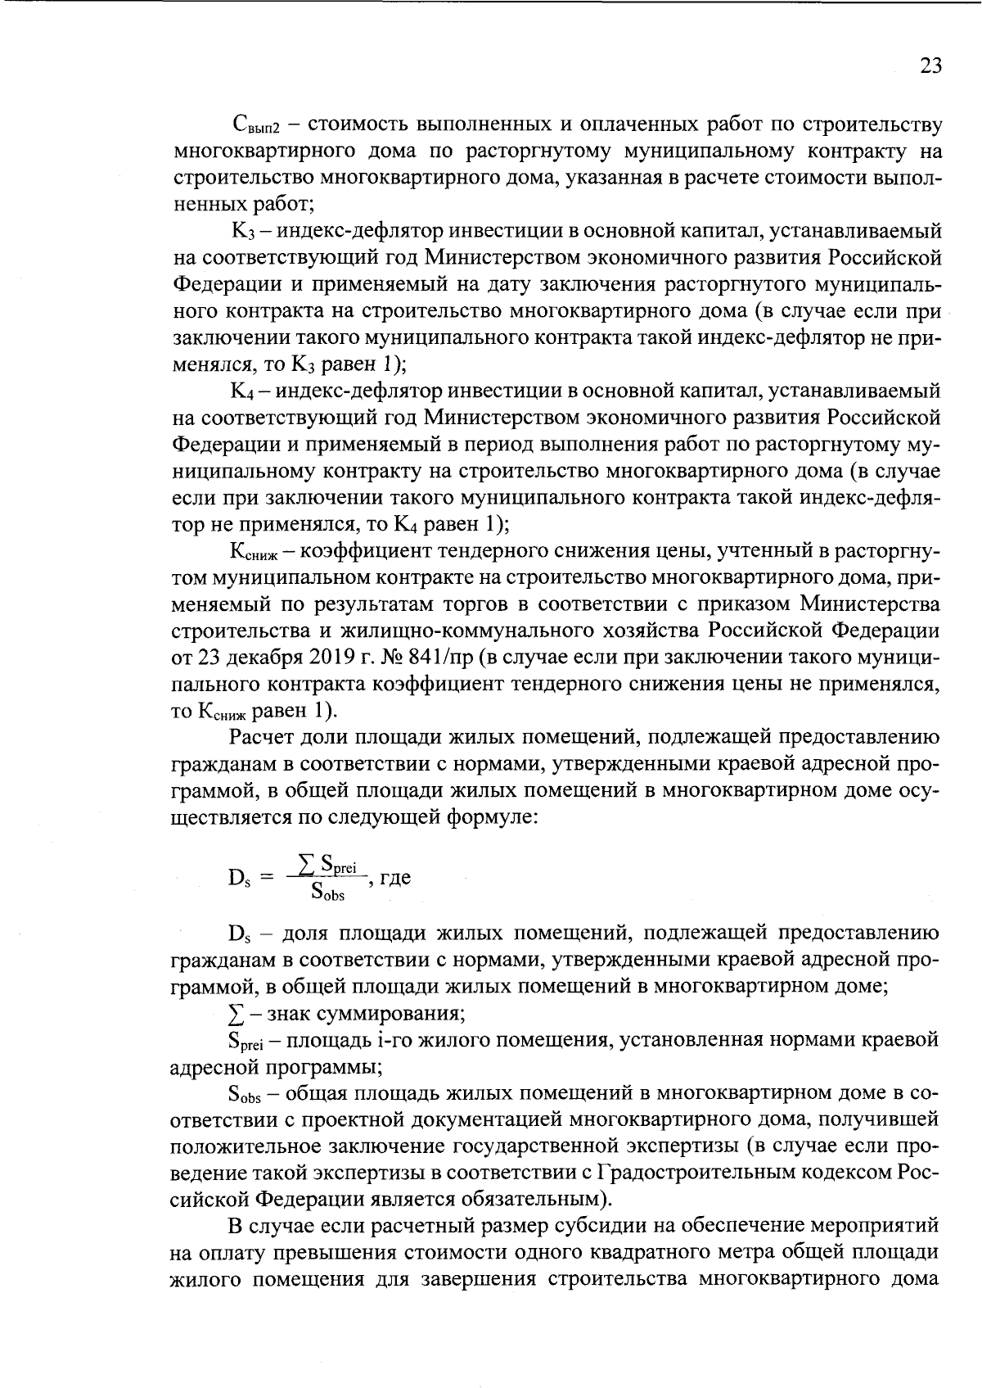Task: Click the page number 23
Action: (931, 66)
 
